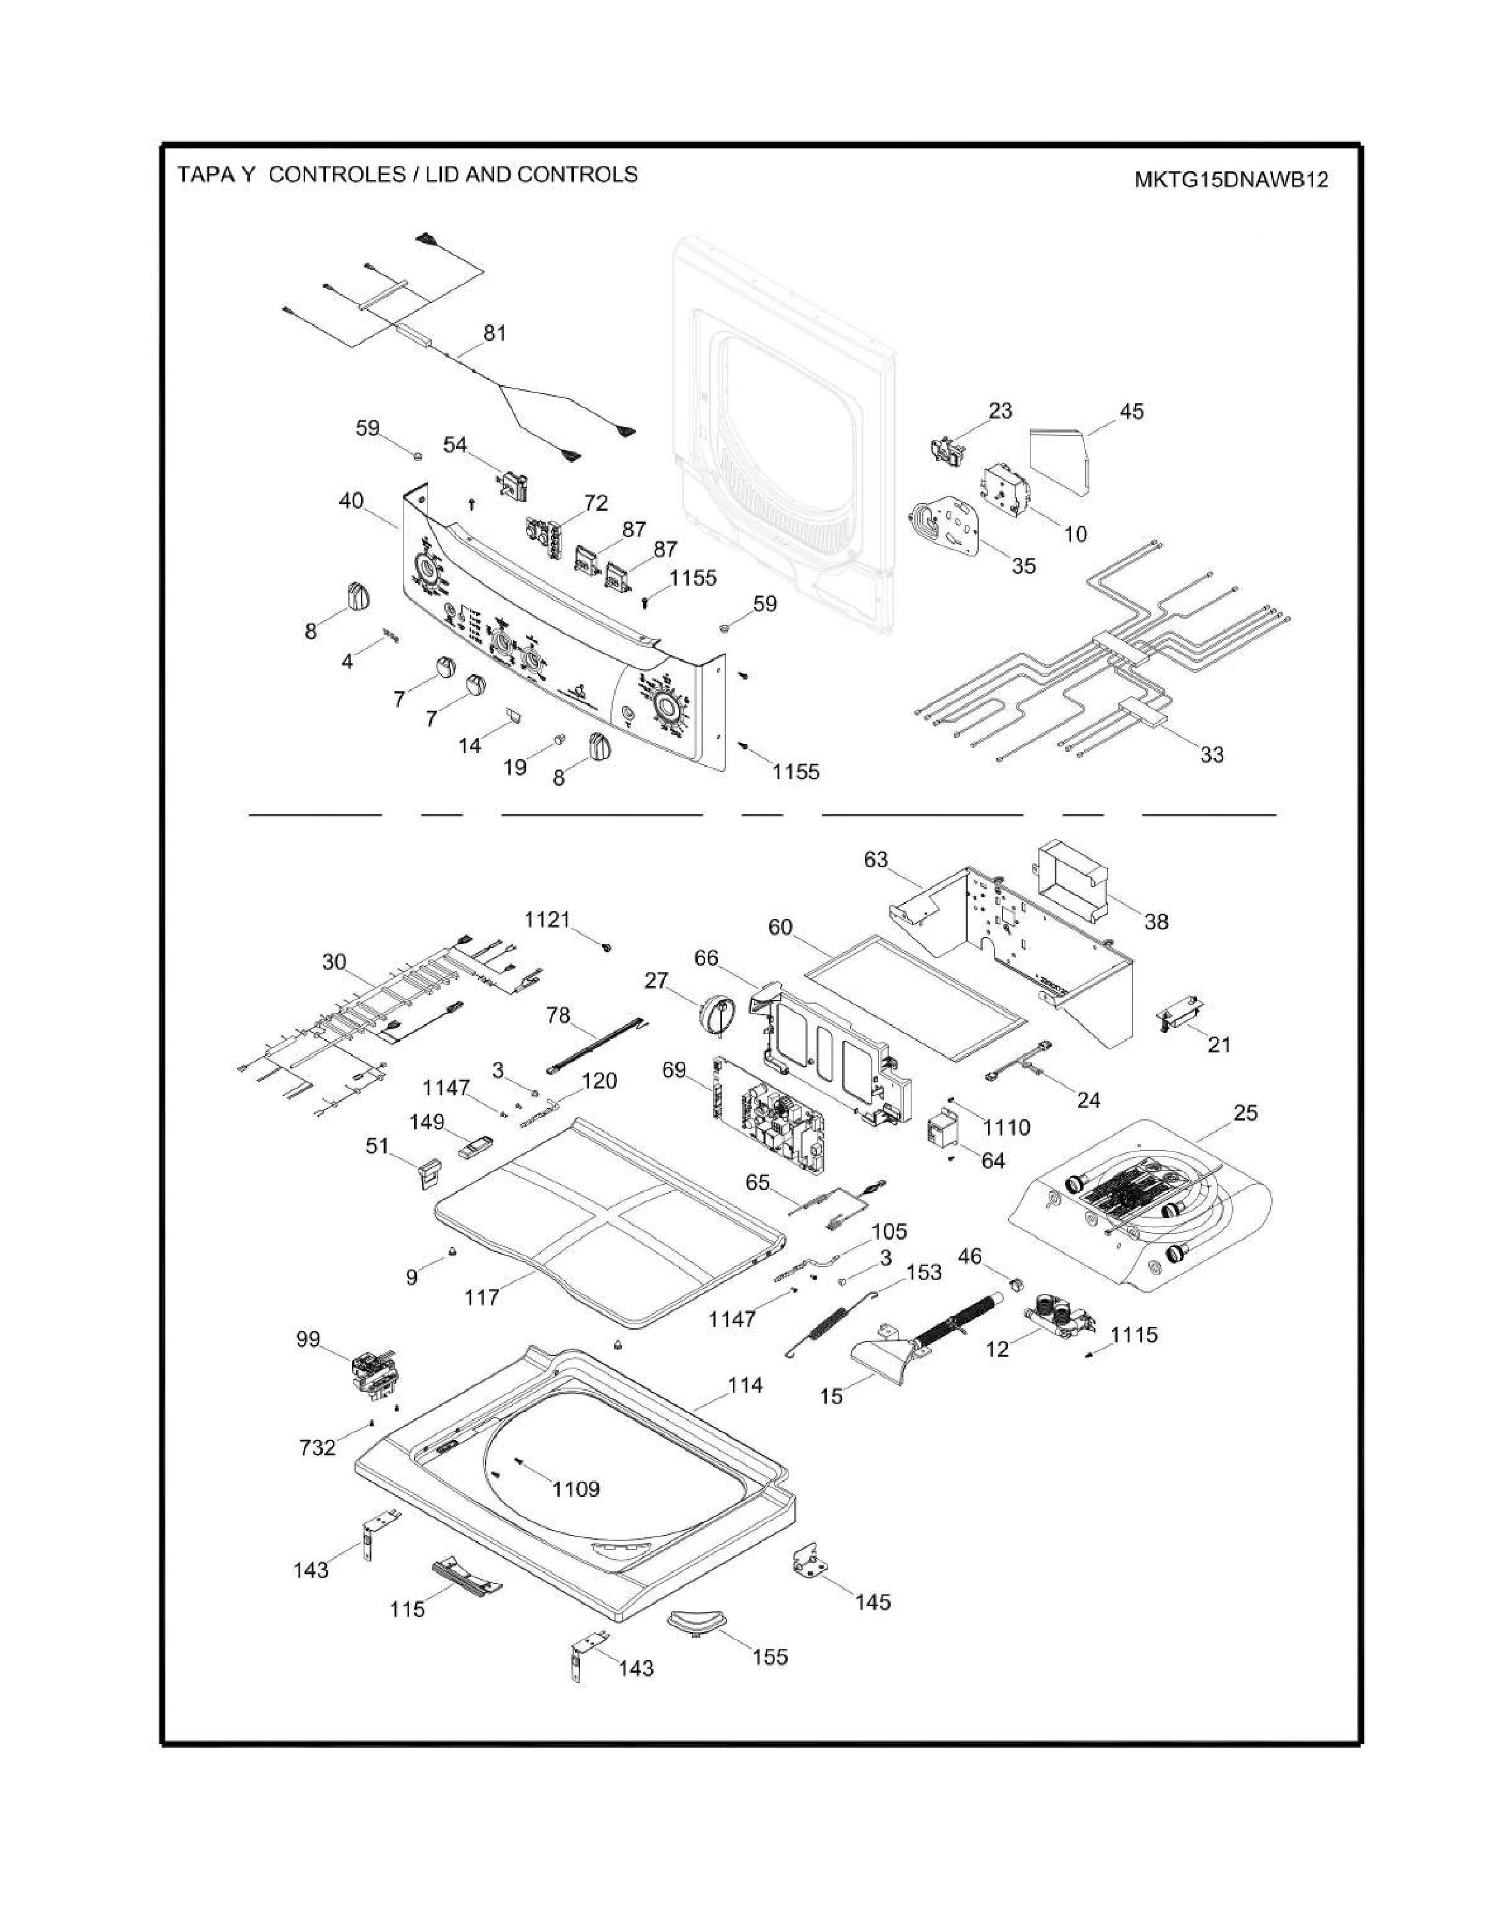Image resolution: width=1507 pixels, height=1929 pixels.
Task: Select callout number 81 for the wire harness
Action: [494, 333]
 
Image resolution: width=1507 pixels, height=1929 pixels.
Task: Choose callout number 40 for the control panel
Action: [351, 501]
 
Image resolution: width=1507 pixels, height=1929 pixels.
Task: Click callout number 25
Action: [1245, 1112]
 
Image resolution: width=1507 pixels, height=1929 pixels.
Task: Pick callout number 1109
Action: [576, 1489]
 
